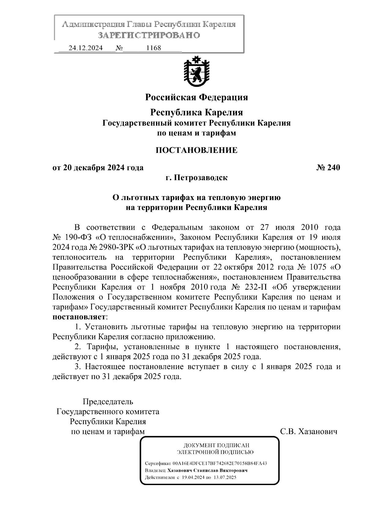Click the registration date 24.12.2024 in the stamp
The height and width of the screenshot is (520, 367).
pos(85,48)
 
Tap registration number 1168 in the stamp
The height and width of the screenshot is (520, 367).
pos(154,48)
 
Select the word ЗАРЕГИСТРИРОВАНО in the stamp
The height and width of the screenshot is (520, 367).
pos(149,35)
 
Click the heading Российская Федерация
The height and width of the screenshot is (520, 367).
pos(196,97)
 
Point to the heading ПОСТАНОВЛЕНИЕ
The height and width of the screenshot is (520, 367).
pos(196,150)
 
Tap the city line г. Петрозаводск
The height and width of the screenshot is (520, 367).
pos(196,178)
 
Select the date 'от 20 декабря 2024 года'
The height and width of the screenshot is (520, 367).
pos(98,168)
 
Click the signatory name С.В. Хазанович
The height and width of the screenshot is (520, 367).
pos(309,432)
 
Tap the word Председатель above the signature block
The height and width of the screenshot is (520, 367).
pos(108,402)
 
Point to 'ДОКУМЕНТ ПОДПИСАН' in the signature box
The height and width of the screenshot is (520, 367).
pos(216,445)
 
